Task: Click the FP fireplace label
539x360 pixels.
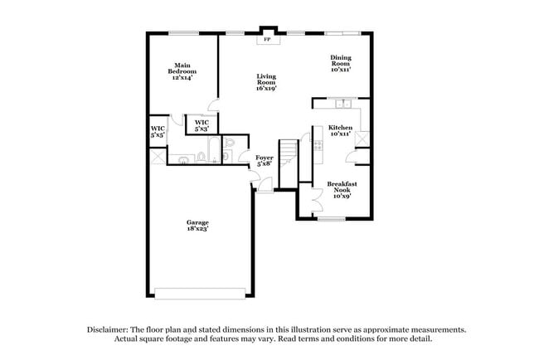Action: pos(268,40)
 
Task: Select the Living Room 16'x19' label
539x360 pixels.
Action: pos(265,80)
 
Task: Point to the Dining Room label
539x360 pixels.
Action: pos(341,64)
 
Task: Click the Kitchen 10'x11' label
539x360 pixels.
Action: pos(341,130)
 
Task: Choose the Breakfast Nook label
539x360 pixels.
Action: pos(342,190)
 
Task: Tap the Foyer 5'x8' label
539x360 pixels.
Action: pos(265,160)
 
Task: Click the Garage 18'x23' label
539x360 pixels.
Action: pos(197,225)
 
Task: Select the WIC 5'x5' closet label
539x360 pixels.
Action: pos(158,131)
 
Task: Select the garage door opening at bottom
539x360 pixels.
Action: pos(201,291)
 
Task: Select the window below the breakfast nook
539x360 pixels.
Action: pos(331,219)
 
